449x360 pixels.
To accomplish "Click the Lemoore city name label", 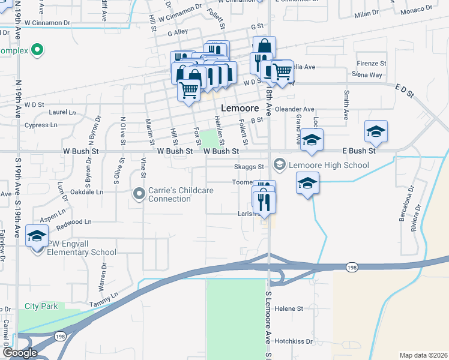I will point(240,109).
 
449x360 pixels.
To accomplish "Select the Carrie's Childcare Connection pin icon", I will point(139,193).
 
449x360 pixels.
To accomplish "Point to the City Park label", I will point(41,307).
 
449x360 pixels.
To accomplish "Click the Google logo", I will point(19,353).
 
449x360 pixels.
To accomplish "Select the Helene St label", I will point(289,308).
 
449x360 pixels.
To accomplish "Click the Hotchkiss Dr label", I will point(294,341).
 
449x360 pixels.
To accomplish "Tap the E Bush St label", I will point(358,151).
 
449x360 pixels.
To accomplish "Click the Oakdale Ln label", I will point(87,193).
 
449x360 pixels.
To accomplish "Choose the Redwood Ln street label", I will point(74,222).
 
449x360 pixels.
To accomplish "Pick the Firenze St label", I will point(371,64).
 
